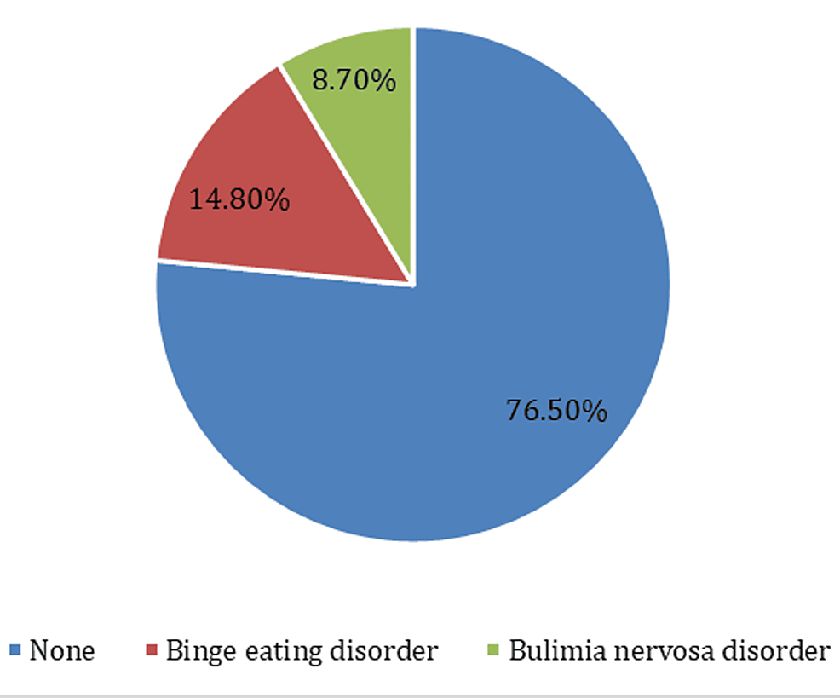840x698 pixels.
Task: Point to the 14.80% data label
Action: coord(239,201)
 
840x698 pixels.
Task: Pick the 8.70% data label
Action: coord(354,81)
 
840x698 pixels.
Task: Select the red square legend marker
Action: coord(152,652)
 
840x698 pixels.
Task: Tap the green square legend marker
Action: coord(492,652)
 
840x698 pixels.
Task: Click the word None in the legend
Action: coord(62,652)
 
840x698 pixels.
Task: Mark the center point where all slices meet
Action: coord(413,284)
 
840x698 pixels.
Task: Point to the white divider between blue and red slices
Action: coord(285,272)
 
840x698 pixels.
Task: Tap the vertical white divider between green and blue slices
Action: coord(413,153)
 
